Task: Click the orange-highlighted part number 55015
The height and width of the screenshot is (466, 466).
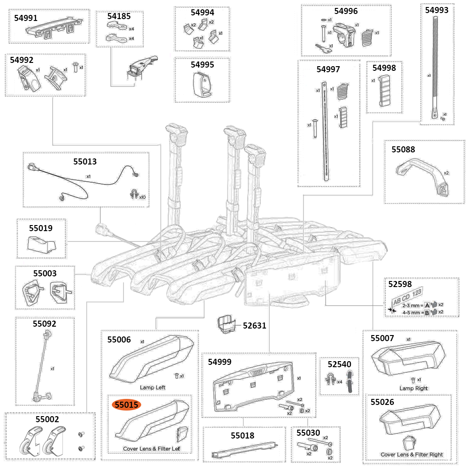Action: pos(127,405)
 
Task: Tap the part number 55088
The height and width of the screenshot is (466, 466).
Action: pos(403,150)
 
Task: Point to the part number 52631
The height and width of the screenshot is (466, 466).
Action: pos(254,325)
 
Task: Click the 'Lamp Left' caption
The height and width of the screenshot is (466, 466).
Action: pos(152,387)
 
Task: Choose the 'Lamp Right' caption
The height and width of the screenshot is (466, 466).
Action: pos(413,388)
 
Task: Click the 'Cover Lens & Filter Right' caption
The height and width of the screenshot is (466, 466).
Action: pos(411,454)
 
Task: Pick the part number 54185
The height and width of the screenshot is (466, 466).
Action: pos(119,16)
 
